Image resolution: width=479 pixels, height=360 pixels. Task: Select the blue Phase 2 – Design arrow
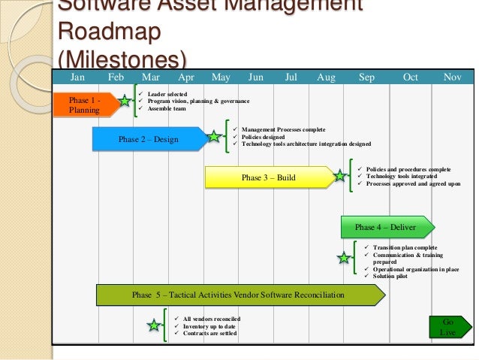tap(149, 139)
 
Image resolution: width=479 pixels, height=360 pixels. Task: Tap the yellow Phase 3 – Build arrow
tap(269, 178)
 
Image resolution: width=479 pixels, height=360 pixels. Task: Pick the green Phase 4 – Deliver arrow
tap(385, 227)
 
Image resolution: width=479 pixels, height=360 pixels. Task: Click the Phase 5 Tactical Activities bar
tap(238, 295)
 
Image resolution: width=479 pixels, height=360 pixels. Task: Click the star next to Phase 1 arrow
tap(125, 101)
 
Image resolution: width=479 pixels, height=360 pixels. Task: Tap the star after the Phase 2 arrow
tap(214, 138)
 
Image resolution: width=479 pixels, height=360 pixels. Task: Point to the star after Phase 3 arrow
tap(339, 177)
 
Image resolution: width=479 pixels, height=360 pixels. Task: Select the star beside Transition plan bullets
tap(343, 259)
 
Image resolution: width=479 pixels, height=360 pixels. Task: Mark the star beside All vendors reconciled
tap(154, 325)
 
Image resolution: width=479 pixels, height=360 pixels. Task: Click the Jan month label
tap(78, 77)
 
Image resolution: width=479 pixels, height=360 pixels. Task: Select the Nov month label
tap(453, 77)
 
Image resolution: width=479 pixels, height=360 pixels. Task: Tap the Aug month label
tap(327, 77)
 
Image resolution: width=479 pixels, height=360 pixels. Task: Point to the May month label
tap(221, 77)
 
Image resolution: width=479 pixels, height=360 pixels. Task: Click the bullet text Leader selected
tap(167, 94)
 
